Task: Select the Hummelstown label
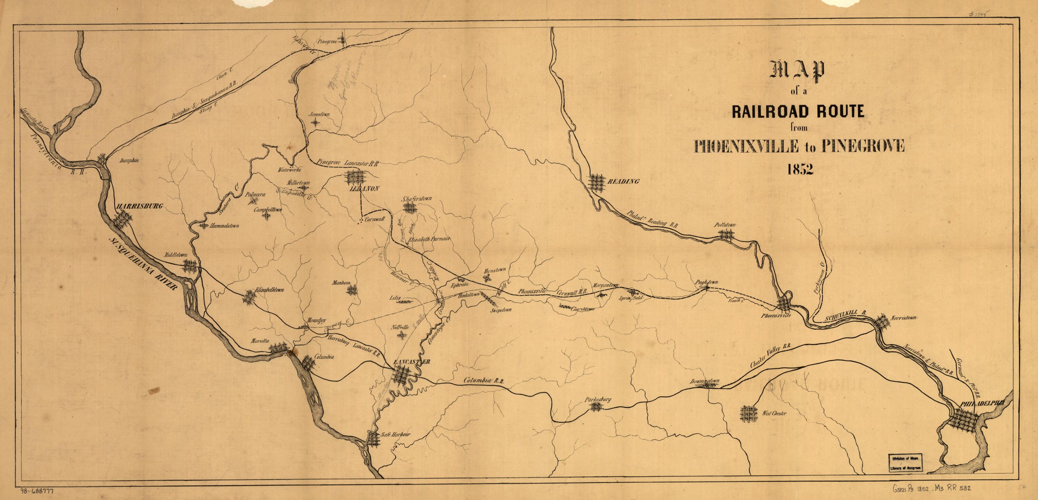(x=224, y=226)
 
